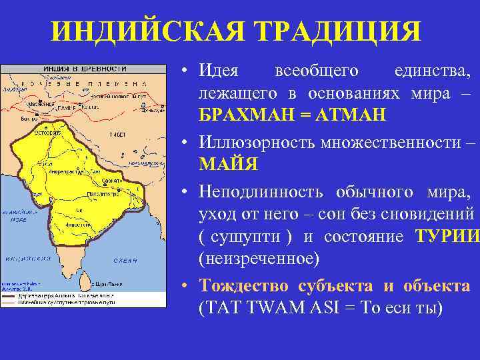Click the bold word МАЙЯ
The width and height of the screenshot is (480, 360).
tap(228, 163)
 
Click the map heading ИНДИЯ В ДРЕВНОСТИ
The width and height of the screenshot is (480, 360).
tap(85, 69)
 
